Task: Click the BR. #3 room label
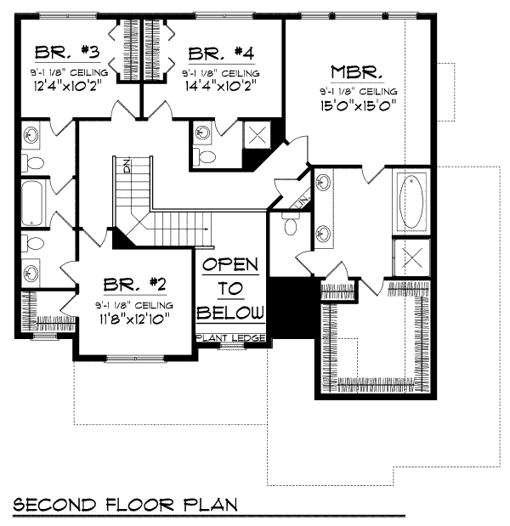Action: (67, 52)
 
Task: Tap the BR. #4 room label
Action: (221, 54)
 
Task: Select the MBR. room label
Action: (357, 72)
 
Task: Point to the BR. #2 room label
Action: (134, 285)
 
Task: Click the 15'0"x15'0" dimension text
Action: (358, 105)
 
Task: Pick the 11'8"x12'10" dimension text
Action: (134, 319)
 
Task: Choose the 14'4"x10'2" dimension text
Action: (221, 85)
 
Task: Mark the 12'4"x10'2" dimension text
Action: (67, 86)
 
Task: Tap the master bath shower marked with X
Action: (411, 257)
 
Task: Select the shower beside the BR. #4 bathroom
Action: (257, 135)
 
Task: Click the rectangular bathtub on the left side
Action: (32, 202)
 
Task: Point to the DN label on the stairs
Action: (127, 166)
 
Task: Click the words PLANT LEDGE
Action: (231, 338)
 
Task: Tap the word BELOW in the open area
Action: (230, 313)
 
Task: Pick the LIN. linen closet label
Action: (301, 202)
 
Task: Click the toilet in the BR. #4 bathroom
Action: (205, 156)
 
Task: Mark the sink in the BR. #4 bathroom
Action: (202, 133)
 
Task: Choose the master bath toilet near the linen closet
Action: (290, 223)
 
